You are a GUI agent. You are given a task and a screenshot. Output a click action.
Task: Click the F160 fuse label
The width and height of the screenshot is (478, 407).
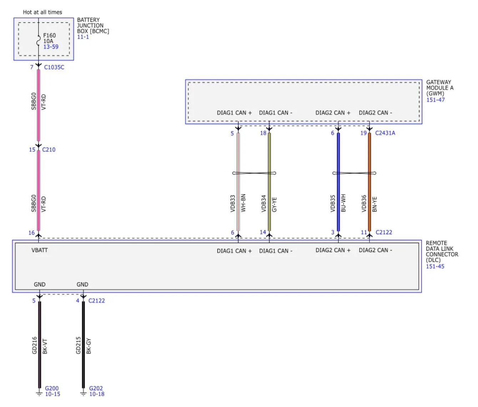[x=49, y=35]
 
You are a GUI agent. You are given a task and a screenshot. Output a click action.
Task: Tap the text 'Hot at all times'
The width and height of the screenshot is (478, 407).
[x=42, y=12]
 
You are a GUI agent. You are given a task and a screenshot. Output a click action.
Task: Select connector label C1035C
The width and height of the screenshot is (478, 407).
[x=54, y=67]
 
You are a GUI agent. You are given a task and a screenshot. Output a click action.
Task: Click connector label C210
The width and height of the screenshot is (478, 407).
[x=49, y=150]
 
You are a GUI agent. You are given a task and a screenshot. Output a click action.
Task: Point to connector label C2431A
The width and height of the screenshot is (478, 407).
[x=385, y=133]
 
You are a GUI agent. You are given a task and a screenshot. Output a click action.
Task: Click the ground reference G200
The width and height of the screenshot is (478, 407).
[x=51, y=388]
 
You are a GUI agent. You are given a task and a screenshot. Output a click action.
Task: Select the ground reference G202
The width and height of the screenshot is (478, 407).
[x=96, y=388]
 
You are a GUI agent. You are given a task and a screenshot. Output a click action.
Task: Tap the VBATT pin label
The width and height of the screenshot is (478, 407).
[x=40, y=250]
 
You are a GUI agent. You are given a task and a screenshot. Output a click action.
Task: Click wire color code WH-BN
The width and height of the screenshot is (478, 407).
[x=243, y=203]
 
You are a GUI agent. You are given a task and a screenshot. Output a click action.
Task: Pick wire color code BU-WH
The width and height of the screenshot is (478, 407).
[x=343, y=203]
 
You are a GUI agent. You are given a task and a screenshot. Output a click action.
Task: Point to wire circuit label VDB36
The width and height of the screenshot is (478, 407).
[x=364, y=203]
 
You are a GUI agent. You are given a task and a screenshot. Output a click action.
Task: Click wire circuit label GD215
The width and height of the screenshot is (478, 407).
[x=78, y=345]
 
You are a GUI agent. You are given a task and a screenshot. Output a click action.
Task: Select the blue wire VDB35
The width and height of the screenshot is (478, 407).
[x=338, y=182]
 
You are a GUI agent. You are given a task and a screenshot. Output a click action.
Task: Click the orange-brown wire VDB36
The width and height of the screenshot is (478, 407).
[x=369, y=182]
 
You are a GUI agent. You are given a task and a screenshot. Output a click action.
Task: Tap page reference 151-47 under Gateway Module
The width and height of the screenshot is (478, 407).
[x=436, y=100]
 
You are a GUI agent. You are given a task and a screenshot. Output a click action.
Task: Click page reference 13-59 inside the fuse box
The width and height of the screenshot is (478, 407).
[x=51, y=47]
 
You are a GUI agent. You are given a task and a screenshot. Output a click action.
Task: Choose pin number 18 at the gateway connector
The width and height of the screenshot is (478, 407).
[x=263, y=133]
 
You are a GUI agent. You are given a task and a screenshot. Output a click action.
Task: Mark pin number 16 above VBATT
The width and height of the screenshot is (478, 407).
[x=31, y=233]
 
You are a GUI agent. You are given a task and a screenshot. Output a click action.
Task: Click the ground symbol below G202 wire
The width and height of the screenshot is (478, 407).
[x=83, y=394]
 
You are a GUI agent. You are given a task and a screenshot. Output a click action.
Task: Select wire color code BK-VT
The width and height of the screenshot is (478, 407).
[x=45, y=346]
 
